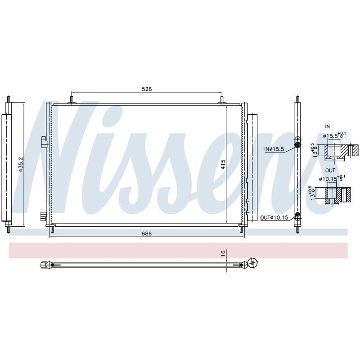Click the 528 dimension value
(x=147, y=89)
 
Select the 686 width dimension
(x=147, y=234)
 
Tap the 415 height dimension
(x=223, y=164)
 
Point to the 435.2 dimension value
(x=21, y=164)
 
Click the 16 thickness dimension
(x=223, y=253)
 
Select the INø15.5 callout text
(x=274, y=149)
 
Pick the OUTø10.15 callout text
(x=274, y=217)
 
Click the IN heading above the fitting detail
(x=328, y=126)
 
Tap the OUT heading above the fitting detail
(x=330, y=171)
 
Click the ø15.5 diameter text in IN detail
(x=330, y=136)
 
